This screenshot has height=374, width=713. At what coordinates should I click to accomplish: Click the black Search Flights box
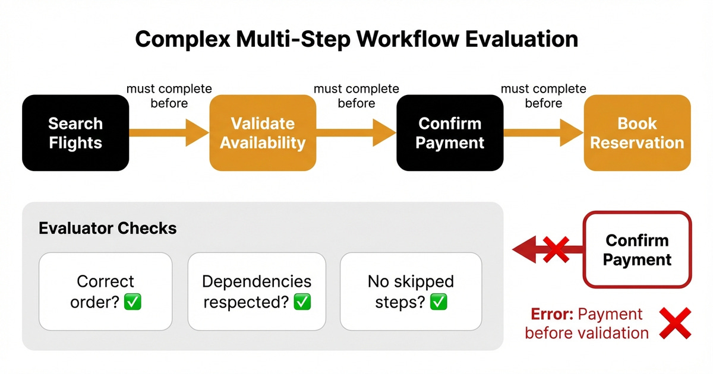[x=75, y=133]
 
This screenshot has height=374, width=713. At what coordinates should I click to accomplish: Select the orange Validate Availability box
[x=263, y=133]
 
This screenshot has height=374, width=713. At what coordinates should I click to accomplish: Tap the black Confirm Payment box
[x=450, y=133]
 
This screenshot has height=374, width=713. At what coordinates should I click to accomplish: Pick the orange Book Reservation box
[x=637, y=133]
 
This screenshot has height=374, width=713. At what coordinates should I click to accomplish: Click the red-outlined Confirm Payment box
[x=637, y=250]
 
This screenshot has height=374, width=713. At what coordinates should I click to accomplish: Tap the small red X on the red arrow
[x=556, y=249]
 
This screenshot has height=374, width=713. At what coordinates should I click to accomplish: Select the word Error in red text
[x=550, y=314]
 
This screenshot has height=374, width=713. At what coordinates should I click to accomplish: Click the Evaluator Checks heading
[x=108, y=228]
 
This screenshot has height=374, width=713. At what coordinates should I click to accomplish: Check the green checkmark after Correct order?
[x=132, y=302]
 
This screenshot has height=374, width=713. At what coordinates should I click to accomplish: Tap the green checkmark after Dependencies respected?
[x=302, y=302]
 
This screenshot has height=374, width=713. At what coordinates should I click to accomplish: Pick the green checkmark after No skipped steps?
[x=438, y=302]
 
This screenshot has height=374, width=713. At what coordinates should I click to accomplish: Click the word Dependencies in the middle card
[x=257, y=281]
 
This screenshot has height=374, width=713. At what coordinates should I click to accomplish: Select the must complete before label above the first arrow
[x=169, y=96]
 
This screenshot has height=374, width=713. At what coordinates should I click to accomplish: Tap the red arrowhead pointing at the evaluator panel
[x=523, y=249]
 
